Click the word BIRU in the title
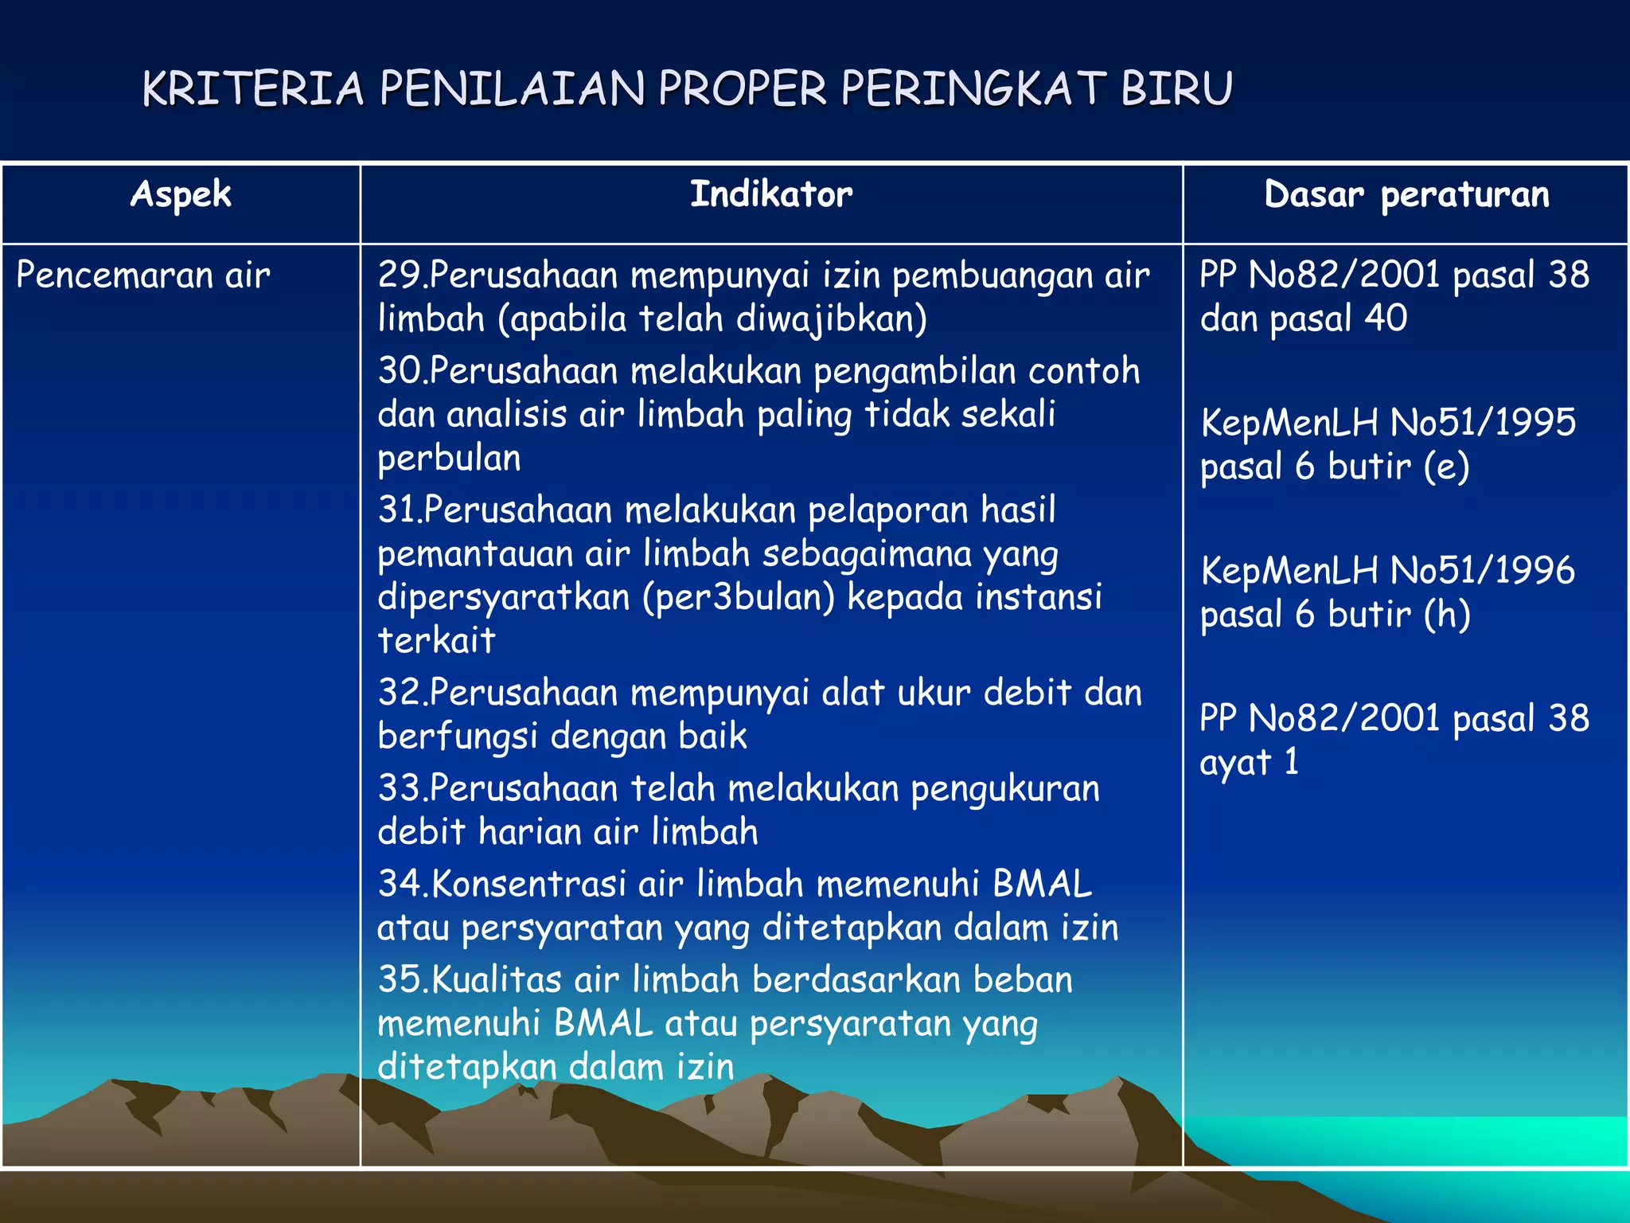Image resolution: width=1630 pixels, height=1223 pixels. pyautogui.click(x=1176, y=88)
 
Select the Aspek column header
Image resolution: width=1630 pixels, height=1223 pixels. pyautogui.click(x=181, y=195)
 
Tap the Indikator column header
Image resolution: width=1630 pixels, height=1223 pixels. pyautogui.click(x=770, y=195)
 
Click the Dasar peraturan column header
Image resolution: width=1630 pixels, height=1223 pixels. pyautogui.click(x=1406, y=195)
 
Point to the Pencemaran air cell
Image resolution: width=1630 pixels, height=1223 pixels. pyautogui.click(x=143, y=275)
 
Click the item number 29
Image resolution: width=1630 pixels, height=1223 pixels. pyautogui.click(x=400, y=275)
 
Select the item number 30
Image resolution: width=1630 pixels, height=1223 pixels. pyautogui.click(x=400, y=371)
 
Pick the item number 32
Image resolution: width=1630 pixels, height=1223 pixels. pyautogui.click(x=400, y=693)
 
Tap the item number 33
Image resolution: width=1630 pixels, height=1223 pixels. pyautogui.click(x=400, y=788)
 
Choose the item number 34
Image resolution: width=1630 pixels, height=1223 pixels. pyautogui.click(x=400, y=884)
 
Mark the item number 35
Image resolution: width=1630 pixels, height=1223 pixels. pyautogui.click(x=400, y=979)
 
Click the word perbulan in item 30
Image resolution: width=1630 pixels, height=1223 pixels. pyautogui.click(x=450, y=459)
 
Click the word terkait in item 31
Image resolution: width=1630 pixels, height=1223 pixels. pyautogui.click(x=436, y=641)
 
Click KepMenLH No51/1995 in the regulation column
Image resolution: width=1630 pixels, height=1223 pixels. pyautogui.click(x=1388, y=423)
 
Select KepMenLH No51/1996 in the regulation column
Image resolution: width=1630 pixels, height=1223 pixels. pyautogui.click(x=1388, y=571)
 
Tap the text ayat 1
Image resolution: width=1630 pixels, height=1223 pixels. pyautogui.click(x=1249, y=763)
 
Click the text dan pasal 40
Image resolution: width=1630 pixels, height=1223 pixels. pyautogui.click(x=1303, y=319)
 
